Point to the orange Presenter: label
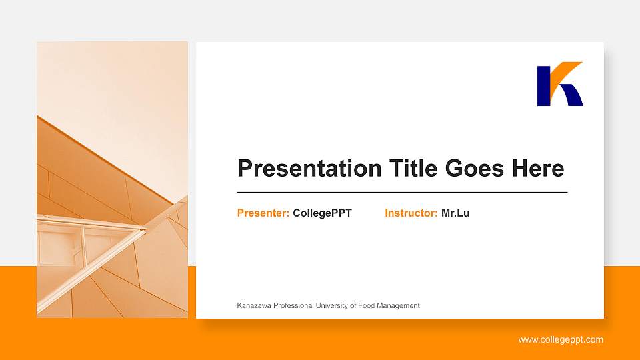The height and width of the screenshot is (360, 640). (263, 213)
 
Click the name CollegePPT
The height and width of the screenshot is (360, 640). (322, 213)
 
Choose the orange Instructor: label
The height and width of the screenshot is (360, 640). (411, 213)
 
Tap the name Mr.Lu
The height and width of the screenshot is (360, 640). (455, 213)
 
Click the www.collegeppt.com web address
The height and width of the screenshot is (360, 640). (561, 340)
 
